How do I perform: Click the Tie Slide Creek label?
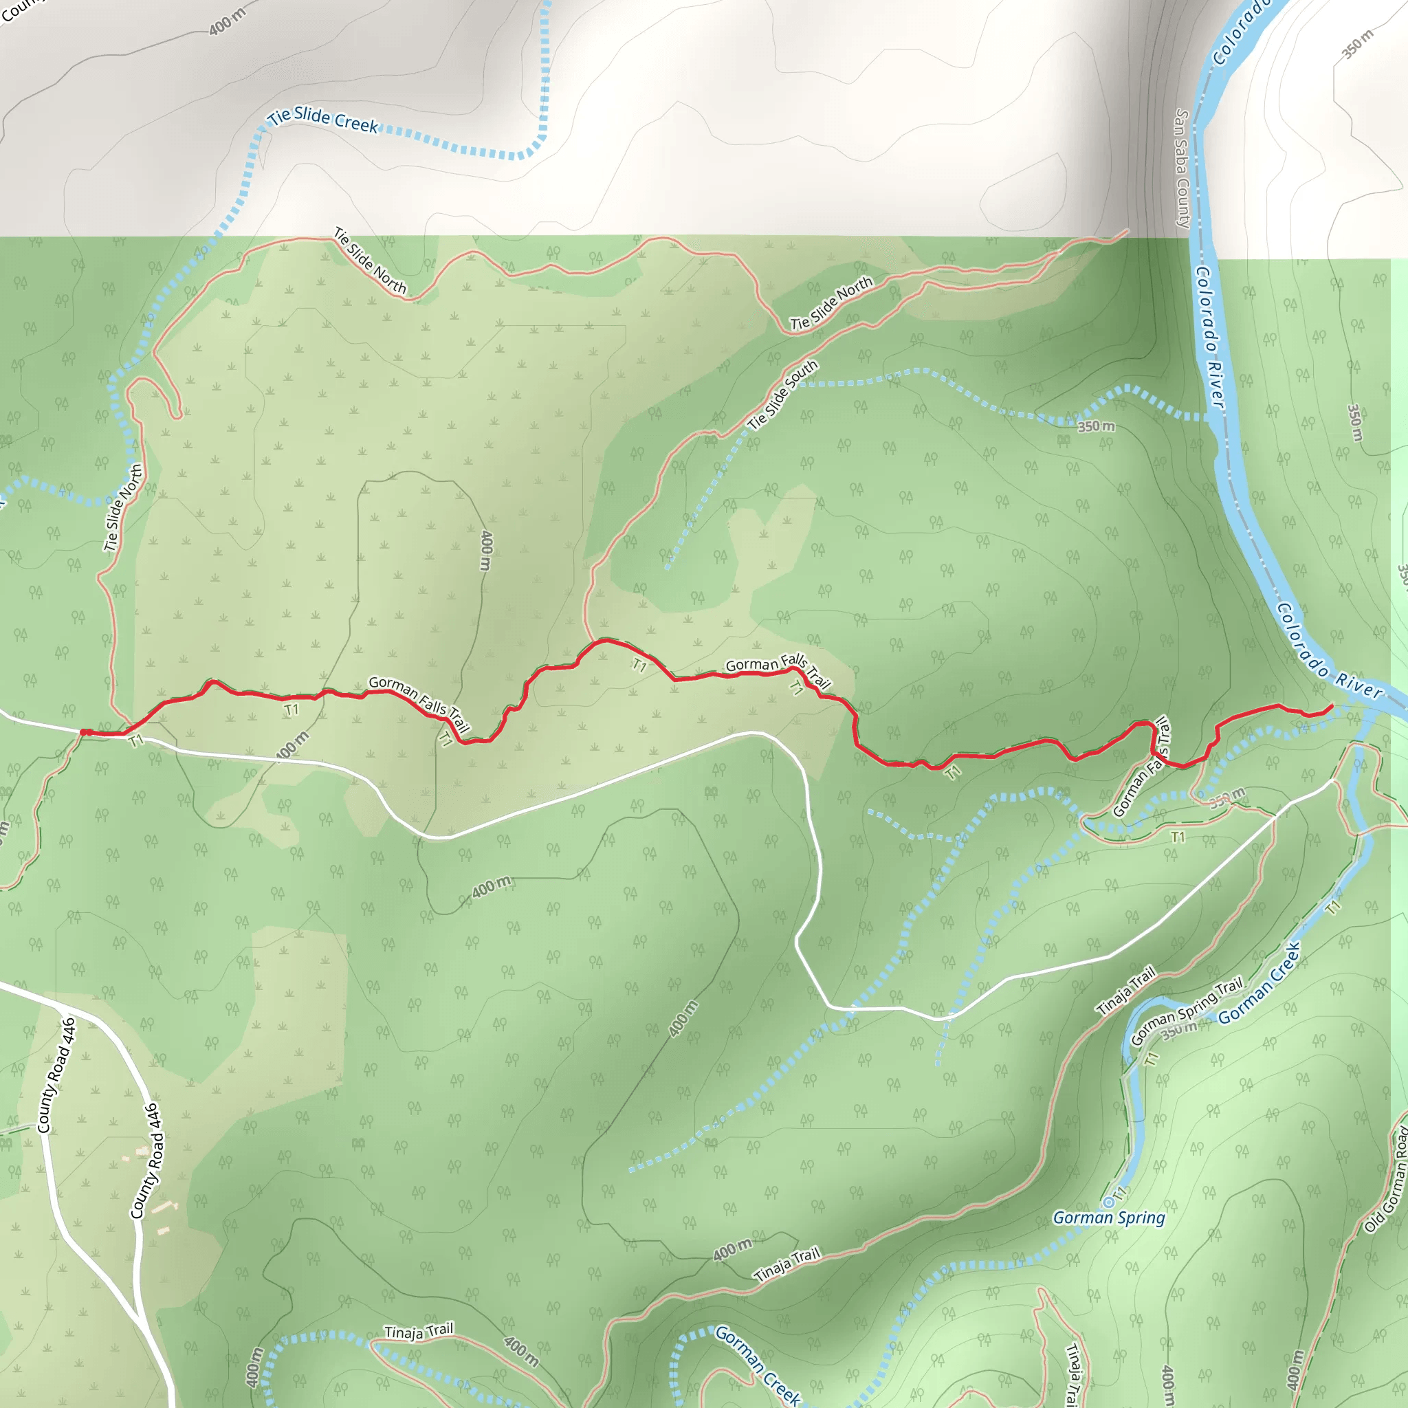(324, 120)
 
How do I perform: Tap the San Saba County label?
(1182, 168)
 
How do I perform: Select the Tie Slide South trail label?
(782, 396)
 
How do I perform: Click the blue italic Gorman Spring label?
(1108, 1218)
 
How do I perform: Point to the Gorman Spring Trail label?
(1187, 1012)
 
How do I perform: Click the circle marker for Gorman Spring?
(1108, 1202)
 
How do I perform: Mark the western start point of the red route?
(85, 732)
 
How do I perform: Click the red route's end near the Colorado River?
(1332, 706)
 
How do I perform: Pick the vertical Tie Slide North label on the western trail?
(122, 507)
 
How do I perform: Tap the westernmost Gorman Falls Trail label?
(418, 703)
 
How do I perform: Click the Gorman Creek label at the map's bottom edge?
(758, 1364)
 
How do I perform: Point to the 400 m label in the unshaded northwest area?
(228, 21)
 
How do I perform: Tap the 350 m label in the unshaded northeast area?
(1357, 44)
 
